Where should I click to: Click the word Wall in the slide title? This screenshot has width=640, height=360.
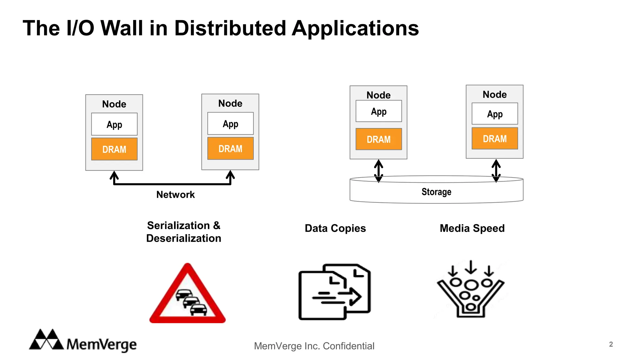click(122, 28)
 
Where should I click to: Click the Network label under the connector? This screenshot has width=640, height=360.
click(175, 194)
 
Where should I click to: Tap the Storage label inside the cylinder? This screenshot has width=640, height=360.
click(436, 192)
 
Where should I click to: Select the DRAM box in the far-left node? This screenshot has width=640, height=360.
click(114, 149)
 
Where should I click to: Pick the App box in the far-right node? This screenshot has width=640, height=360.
click(494, 114)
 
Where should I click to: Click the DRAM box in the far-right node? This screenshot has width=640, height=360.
click(494, 138)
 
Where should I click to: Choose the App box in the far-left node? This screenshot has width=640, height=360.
click(114, 124)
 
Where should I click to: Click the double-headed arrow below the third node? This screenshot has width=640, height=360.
click(378, 171)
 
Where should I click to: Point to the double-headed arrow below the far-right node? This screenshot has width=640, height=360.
click(496, 171)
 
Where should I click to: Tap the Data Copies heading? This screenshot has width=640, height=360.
click(335, 228)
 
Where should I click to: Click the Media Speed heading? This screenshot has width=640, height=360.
click(472, 228)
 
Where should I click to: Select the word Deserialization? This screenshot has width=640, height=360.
click(183, 238)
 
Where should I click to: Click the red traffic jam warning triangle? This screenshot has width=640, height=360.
click(187, 295)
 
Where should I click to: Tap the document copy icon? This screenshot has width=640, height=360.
click(334, 292)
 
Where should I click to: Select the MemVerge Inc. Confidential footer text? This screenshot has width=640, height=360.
click(314, 346)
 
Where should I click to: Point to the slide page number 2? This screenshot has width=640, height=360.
click(611, 344)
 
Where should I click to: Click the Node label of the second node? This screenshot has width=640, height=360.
click(230, 103)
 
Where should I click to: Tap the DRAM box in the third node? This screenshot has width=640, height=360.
click(378, 139)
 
